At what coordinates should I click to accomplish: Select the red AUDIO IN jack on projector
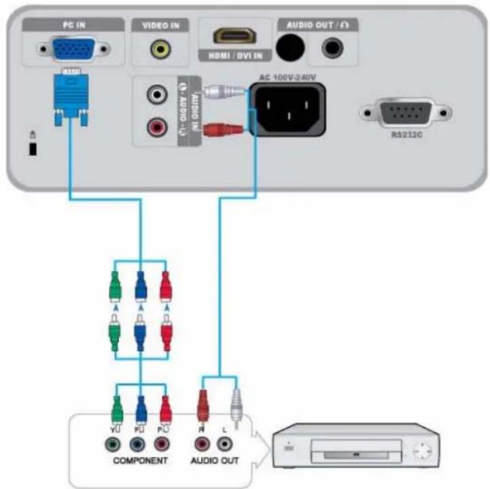tap(158, 127)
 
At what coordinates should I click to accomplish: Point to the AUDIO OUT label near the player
tap(215, 460)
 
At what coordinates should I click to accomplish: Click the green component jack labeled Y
tap(113, 444)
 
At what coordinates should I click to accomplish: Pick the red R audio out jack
tap(203, 444)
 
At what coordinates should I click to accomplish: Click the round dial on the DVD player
tap(422, 450)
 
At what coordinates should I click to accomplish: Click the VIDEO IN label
tap(160, 25)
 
